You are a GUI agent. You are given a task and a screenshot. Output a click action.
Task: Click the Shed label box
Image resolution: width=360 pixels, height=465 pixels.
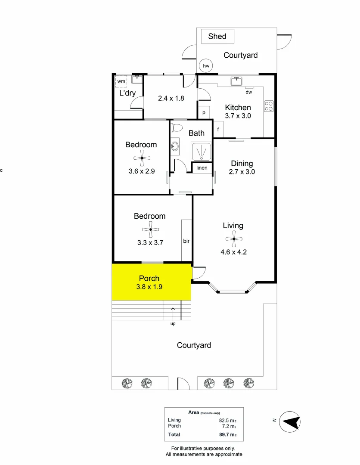[x=217, y=36]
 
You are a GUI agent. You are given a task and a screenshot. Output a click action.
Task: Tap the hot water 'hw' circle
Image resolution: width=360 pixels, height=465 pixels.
[x=206, y=66]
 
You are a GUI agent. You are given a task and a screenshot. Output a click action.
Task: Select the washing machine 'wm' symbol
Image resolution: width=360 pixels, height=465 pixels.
[x=121, y=81]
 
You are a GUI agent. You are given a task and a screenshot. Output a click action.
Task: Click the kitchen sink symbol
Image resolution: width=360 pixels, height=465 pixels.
[x=236, y=81]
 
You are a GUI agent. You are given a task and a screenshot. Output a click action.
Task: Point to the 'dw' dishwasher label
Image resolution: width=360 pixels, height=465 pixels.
[x=248, y=92]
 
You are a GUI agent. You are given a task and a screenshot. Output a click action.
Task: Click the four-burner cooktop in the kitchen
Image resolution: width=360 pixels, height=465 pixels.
[x=269, y=106]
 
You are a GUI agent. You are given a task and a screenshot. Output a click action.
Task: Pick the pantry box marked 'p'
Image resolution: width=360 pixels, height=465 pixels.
[x=204, y=113]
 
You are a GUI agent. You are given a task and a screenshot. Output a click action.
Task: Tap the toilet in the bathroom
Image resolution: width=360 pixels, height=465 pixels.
[x=177, y=128]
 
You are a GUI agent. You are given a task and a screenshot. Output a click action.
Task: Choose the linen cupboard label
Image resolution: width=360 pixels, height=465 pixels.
[x=202, y=168]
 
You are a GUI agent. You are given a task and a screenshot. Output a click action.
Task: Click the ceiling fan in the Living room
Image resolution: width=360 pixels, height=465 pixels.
[x=233, y=239]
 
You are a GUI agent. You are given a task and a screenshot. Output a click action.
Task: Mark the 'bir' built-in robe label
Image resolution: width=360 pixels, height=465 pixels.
[x=186, y=241]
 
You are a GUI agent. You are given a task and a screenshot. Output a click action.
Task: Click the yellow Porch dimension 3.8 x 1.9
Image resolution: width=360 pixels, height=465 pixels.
[x=149, y=286]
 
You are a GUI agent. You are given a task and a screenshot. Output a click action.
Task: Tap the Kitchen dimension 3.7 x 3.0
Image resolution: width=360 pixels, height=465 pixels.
[x=238, y=116]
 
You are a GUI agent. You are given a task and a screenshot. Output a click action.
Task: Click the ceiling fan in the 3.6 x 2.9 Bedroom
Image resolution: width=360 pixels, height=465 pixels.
[x=141, y=158]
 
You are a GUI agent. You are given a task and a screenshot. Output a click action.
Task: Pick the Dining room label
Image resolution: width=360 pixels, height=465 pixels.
[x=242, y=164]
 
